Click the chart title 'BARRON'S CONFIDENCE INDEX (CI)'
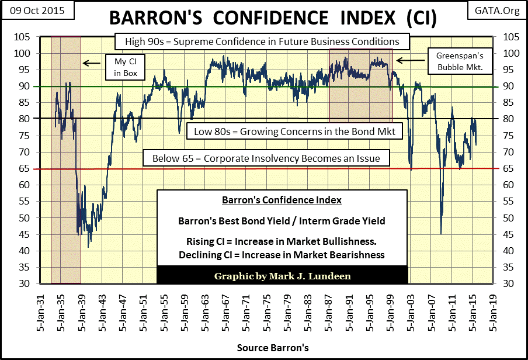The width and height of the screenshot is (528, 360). (264, 18)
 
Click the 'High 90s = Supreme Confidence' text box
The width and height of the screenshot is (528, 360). (257, 42)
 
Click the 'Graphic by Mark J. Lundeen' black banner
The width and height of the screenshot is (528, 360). (282, 275)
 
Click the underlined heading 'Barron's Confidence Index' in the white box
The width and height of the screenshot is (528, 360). (282, 200)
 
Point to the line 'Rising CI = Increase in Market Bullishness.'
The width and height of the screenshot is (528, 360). (282, 243)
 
